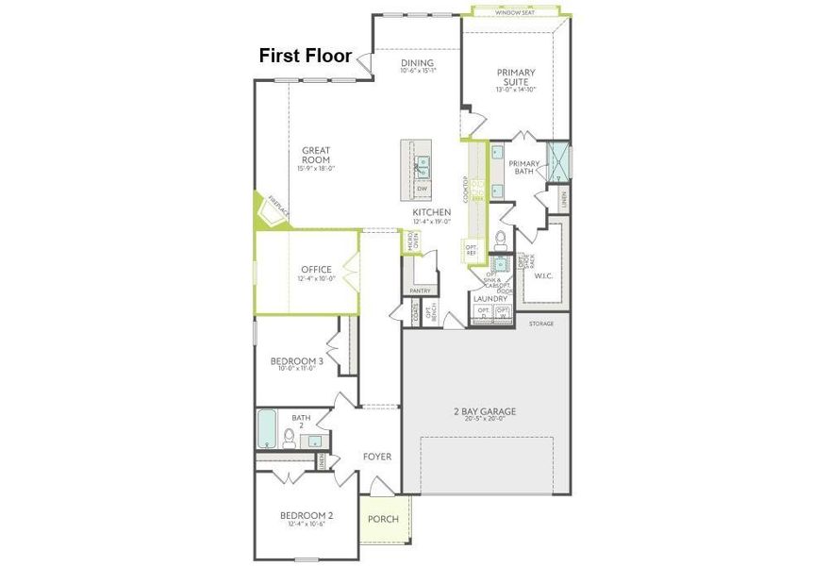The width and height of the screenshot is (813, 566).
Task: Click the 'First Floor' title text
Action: pyautogui.click(x=305, y=57)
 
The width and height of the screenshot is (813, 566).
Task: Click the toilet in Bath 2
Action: pyautogui.click(x=290, y=438)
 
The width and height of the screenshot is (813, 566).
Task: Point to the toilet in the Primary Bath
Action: pyautogui.click(x=501, y=236)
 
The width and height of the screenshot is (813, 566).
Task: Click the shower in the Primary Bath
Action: pyautogui.click(x=560, y=160)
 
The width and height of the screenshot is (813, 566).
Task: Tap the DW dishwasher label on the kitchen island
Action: pyautogui.click(x=422, y=189)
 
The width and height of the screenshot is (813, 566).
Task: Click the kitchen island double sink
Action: pyautogui.click(x=423, y=167)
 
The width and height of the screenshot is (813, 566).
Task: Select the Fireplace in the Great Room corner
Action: pyautogui.click(x=273, y=212)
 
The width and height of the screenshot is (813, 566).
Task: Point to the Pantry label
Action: pyautogui.click(x=420, y=291)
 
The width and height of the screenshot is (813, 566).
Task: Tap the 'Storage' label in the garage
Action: pyautogui.click(x=541, y=324)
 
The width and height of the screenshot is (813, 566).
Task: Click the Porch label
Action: pyautogui.click(x=383, y=519)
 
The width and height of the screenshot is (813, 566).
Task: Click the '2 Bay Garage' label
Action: pyautogui.click(x=485, y=411)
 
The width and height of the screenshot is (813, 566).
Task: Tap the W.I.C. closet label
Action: pyautogui.click(x=543, y=276)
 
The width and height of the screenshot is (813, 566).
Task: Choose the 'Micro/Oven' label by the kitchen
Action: pyautogui.click(x=411, y=241)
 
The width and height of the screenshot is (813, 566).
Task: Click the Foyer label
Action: pyautogui.click(x=377, y=457)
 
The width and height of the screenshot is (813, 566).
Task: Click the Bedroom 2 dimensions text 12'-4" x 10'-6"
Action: pyautogui.click(x=306, y=524)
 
